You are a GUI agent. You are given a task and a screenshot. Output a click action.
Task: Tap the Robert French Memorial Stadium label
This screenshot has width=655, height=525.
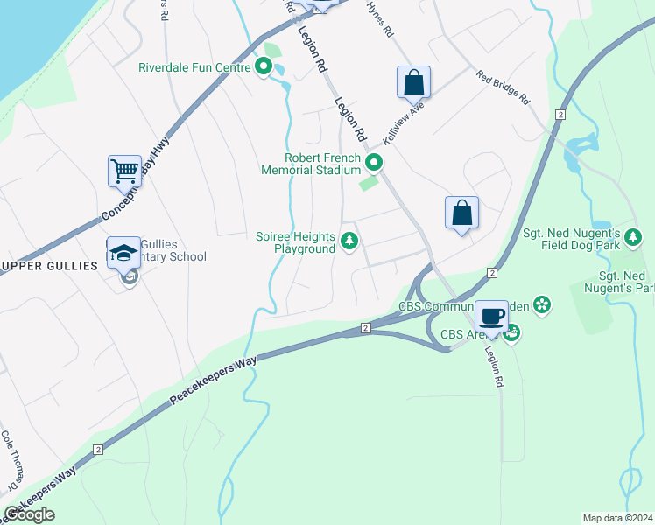(311, 164)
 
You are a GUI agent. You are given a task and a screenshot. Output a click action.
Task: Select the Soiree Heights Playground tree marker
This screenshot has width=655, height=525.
(349, 241)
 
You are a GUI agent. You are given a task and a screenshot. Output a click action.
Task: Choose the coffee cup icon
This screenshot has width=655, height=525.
(492, 315)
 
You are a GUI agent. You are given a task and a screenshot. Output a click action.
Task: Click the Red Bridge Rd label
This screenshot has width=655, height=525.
(504, 87)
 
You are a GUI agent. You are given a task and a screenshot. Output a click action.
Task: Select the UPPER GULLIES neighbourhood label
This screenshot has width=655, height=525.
(48, 266)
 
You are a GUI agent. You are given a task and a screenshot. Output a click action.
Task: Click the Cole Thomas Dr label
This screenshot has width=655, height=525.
(10, 460)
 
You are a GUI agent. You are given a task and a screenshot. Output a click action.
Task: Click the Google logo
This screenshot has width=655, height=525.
(29, 514)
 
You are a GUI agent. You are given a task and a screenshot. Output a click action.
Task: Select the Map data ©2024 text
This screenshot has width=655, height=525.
(617, 518)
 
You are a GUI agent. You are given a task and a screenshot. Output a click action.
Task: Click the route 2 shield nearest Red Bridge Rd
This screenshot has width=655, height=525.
(560, 114)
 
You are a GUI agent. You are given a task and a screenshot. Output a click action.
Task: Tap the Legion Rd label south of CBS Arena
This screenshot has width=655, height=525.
(497, 365)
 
